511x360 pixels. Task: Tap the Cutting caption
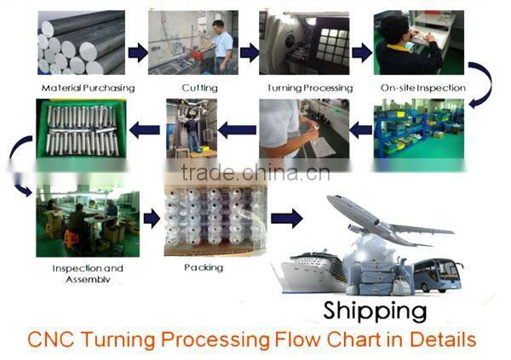[x=198, y=88]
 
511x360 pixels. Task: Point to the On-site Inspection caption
[x=422, y=88]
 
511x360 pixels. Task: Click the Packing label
[x=203, y=267]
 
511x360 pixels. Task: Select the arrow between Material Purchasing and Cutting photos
[x=137, y=53]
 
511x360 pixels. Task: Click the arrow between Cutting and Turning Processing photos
[x=248, y=53]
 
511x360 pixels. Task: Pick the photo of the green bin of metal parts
[x=80, y=129]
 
